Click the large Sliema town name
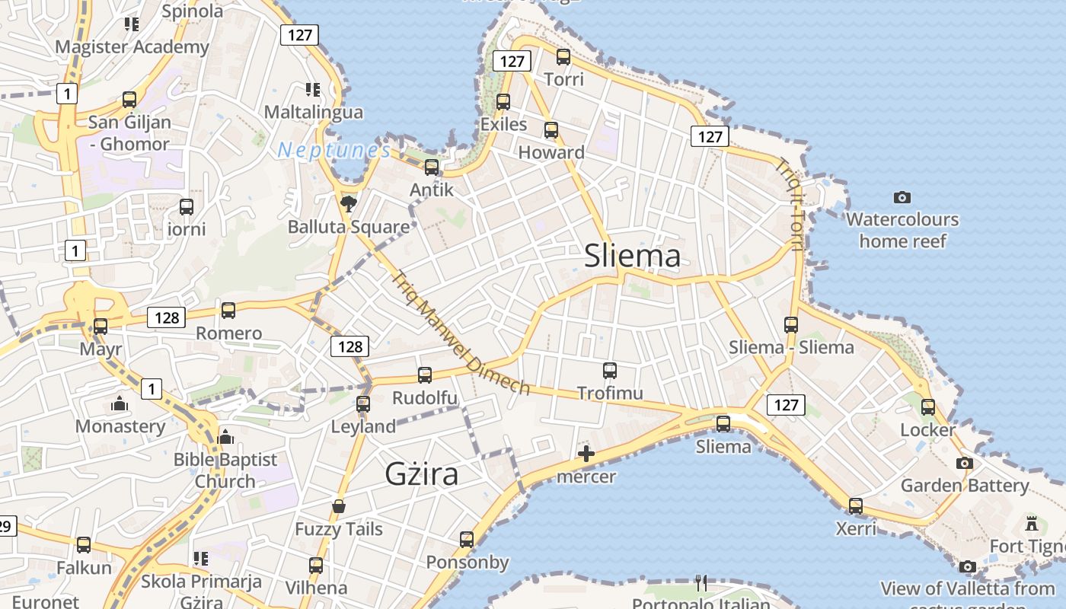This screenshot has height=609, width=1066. tap(632, 256)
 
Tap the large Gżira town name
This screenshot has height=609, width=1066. tap(422, 473)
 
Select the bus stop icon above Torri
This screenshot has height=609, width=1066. tap(563, 56)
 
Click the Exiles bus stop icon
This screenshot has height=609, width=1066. tap(503, 101)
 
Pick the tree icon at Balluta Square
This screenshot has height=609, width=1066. tap(349, 203)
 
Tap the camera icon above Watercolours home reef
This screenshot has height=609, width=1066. tap(902, 197)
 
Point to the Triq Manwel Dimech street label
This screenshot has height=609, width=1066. tap(460, 333)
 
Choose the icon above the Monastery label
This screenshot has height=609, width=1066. tap(120, 403)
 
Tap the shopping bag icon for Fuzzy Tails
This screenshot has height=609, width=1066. tap(339, 506)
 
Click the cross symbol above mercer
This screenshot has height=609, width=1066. tap(586, 454)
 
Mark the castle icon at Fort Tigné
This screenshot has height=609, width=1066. tap(1032, 524)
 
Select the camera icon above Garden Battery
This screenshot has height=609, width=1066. tap(965, 463)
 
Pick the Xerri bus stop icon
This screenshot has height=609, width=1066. tap(856, 505)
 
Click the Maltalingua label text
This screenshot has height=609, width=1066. tap(313, 112)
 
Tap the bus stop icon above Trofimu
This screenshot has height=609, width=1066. tap(610, 371)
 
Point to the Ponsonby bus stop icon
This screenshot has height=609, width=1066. tap(467, 540)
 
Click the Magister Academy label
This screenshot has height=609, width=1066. tap(132, 46)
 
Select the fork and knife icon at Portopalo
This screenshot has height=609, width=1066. tap(701, 583)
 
